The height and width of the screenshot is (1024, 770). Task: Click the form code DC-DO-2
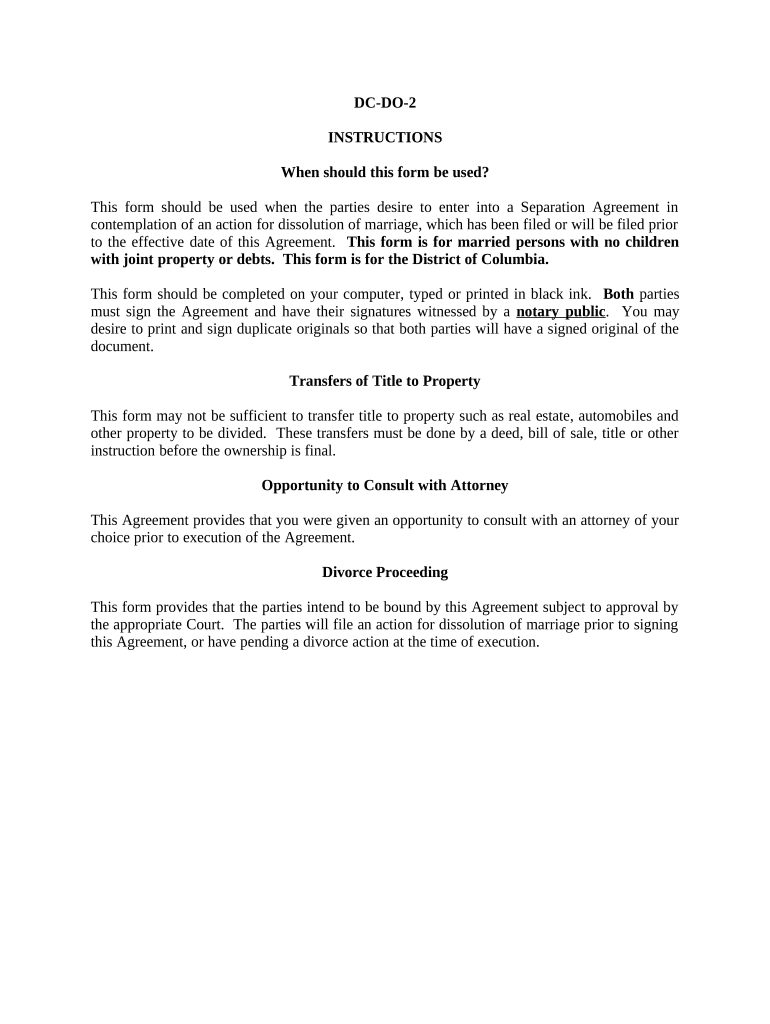coord(385,103)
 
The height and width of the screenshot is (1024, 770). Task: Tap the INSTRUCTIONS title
coord(385,137)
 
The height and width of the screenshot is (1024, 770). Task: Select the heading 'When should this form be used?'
coord(385,172)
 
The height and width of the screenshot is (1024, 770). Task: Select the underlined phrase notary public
coord(560,311)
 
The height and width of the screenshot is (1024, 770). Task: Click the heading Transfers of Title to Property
coord(385,381)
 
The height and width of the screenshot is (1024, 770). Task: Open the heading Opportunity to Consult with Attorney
coord(385,485)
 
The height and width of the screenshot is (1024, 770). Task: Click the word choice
coord(110,537)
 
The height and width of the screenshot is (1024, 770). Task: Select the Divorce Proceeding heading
coord(385,572)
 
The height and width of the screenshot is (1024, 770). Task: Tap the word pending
coord(331,642)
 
